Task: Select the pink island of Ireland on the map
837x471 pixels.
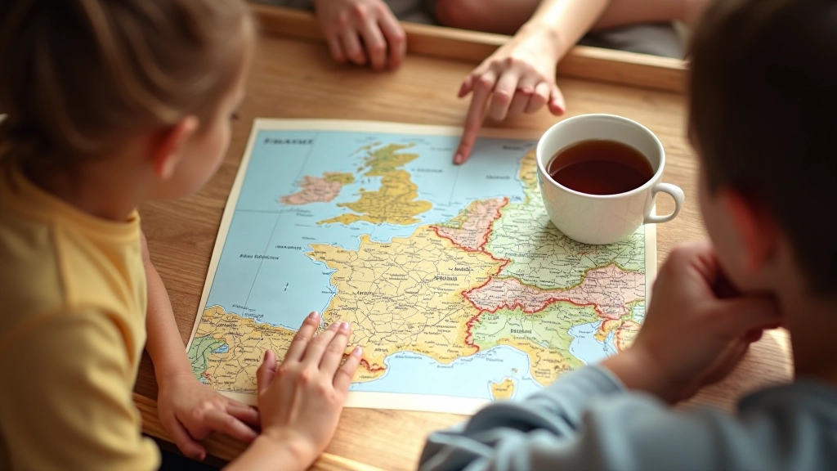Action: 312,189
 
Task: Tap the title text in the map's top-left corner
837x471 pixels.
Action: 287,141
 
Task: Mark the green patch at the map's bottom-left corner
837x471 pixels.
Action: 203,352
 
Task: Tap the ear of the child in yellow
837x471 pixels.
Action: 182,146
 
